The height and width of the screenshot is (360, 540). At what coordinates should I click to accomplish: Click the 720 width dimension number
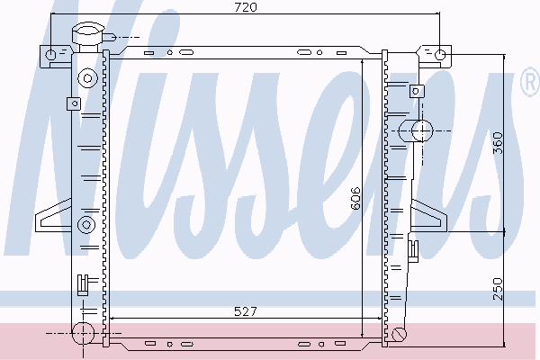click(246, 7)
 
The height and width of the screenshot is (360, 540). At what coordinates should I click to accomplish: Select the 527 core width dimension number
click(245, 311)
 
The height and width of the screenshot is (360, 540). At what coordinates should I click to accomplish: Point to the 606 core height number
click(355, 198)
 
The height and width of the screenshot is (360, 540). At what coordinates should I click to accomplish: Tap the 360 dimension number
click(498, 143)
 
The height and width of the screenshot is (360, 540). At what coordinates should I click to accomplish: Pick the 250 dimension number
click(498, 289)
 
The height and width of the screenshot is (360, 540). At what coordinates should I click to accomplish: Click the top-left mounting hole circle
click(50, 54)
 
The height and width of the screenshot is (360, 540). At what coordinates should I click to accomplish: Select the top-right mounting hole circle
click(440, 54)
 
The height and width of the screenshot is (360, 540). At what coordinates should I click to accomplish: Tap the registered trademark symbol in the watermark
click(530, 82)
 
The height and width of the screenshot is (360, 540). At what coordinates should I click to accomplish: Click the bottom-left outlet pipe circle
click(83, 333)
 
